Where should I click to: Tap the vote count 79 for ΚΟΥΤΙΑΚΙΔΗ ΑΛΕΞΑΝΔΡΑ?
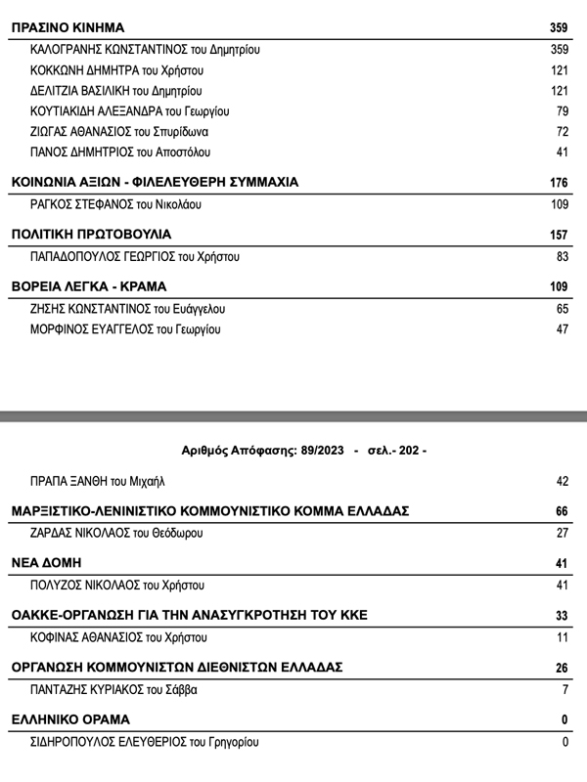[x=562, y=110]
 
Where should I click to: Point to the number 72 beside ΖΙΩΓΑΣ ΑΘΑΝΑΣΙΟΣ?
[x=562, y=131]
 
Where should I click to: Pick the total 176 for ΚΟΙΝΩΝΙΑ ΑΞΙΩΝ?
[x=559, y=183]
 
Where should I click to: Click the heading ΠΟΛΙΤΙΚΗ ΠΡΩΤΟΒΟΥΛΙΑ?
[x=90, y=235]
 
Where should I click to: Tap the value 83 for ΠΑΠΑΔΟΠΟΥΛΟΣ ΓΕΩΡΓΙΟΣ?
[x=562, y=257]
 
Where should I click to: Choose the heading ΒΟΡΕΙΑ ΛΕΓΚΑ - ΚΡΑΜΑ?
[x=88, y=287]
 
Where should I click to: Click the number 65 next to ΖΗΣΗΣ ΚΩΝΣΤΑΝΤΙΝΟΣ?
[x=562, y=309]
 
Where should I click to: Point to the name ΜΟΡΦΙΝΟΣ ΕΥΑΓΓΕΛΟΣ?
[x=94, y=329]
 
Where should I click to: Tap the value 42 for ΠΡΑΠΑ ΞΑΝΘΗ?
[x=562, y=481]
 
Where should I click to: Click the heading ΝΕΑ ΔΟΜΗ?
[x=45, y=563]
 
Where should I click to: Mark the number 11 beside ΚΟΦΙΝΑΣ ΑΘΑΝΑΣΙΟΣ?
[x=562, y=637]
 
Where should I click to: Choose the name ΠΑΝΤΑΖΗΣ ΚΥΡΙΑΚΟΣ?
[x=89, y=689]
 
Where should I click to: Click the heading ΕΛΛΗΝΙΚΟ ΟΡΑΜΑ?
[x=69, y=719]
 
